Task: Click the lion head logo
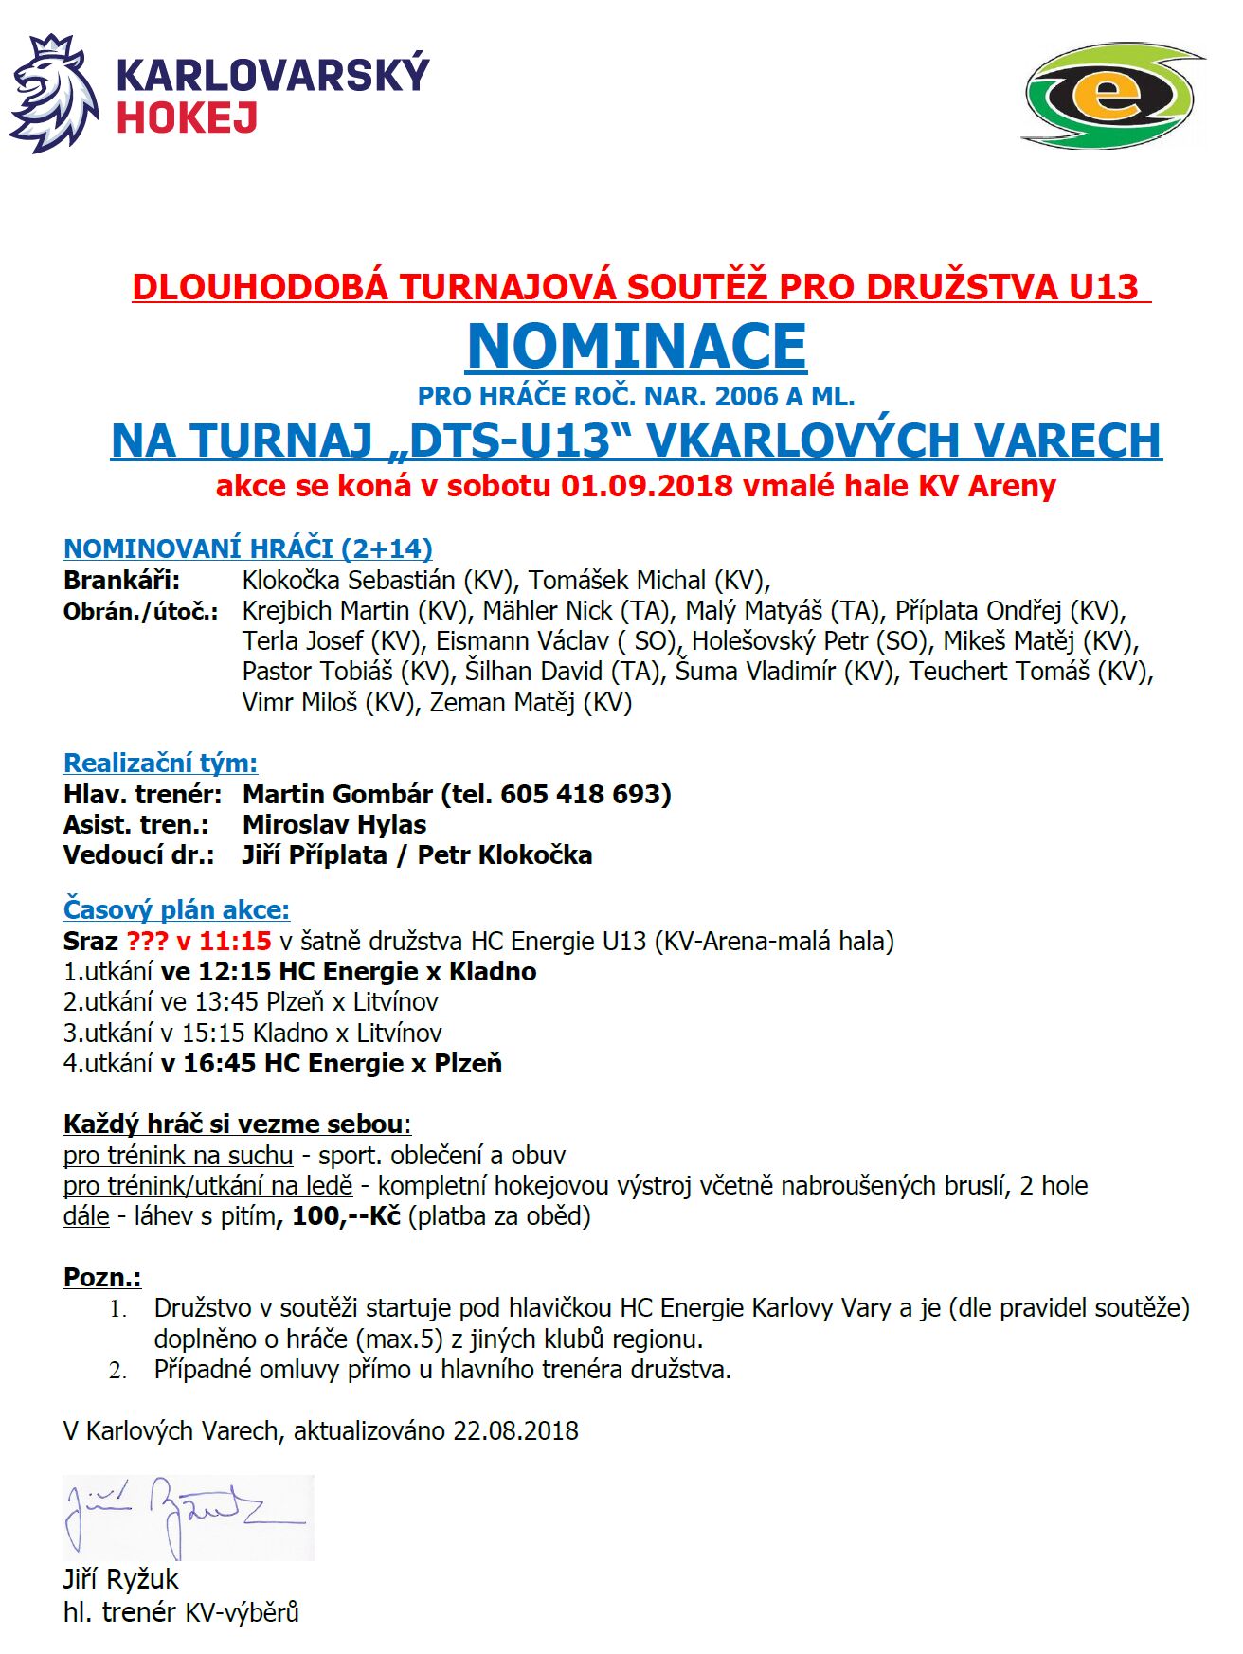pos(54,93)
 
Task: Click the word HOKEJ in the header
pos(187,119)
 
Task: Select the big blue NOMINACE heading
pos(637,346)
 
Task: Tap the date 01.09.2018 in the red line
pos(646,486)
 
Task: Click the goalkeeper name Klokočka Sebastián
pos(349,580)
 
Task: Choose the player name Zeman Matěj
pos(501,702)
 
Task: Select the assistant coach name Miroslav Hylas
pos(334,824)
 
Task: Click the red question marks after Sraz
pos(147,941)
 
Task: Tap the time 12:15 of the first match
pos(226,972)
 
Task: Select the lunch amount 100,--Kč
pos(346,1215)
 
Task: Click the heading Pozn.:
pos(102,1277)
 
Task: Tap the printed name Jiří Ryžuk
pos(121,1579)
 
